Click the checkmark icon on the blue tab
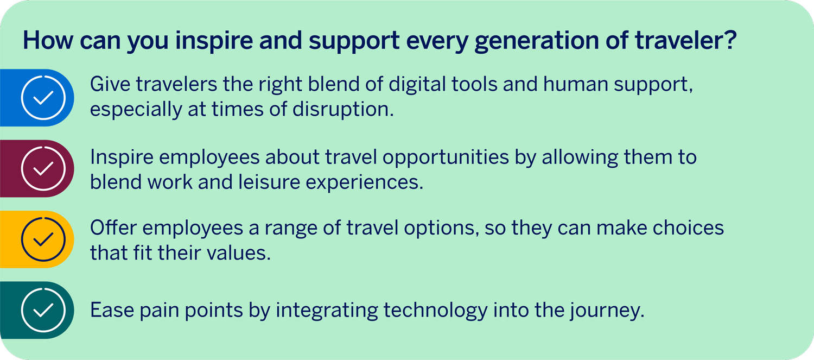tap(43, 98)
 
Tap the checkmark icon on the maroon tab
tap(43, 169)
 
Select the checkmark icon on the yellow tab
tap(43, 239)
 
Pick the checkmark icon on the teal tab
tap(43, 310)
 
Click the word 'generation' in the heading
tap(536, 41)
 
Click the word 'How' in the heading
tap(48, 40)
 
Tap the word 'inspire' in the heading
tap(214, 41)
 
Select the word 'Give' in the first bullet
tap(110, 84)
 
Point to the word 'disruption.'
tap(343, 110)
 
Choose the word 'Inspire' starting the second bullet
tap(122, 158)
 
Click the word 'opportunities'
tap(446, 158)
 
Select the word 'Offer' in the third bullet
tap(113, 228)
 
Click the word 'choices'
tap(688, 228)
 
